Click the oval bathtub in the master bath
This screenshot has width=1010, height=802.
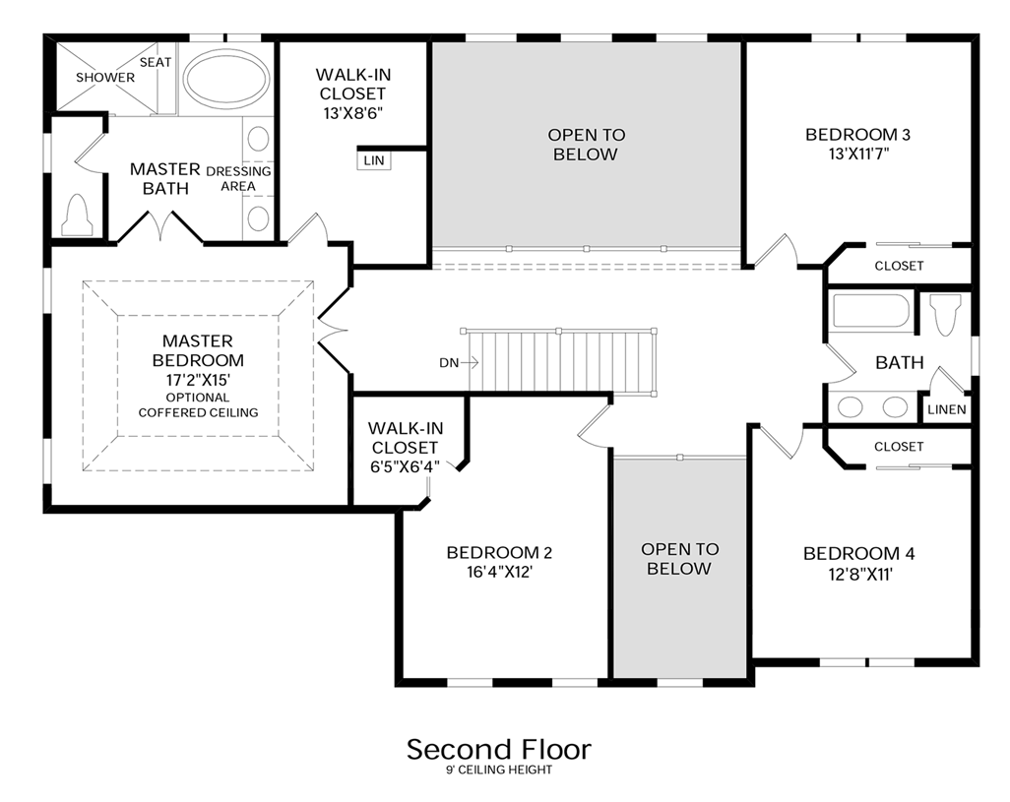pyautogui.click(x=226, y=79)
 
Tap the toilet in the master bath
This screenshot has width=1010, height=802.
pyautogui.click(x=76, y=214)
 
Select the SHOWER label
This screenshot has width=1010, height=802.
pyautogui.click(x=105, y=78)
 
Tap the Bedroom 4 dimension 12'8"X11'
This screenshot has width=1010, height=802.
pyautogui.click(x=858, y=573)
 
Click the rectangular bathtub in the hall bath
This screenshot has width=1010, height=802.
pyautogui.click(x=871, y=311)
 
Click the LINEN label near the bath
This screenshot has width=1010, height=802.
pyautogui.click(x=947, y=409)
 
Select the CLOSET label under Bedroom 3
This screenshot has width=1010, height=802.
pyautogui.click(x=899, y=266)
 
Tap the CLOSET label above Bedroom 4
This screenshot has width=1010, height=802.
pyautogui.click(x=899, y=447)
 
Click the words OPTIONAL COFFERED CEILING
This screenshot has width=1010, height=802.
pyautogui.click(x=198, y=405)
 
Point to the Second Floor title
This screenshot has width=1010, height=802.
pyautogui.click(x=499, y=749)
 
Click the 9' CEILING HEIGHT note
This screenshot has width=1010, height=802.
pyautogui.click(x=499, y=771)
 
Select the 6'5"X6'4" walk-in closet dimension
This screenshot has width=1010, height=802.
pyautogui.click(x=405, y=466)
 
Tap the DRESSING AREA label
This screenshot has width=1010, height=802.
pyautogui.click(x=237, y=178)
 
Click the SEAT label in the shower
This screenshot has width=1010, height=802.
pyautogui.click(x=156, y=62)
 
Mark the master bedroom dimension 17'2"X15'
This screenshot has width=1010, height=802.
pyautogui.click(x=198, y=378)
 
